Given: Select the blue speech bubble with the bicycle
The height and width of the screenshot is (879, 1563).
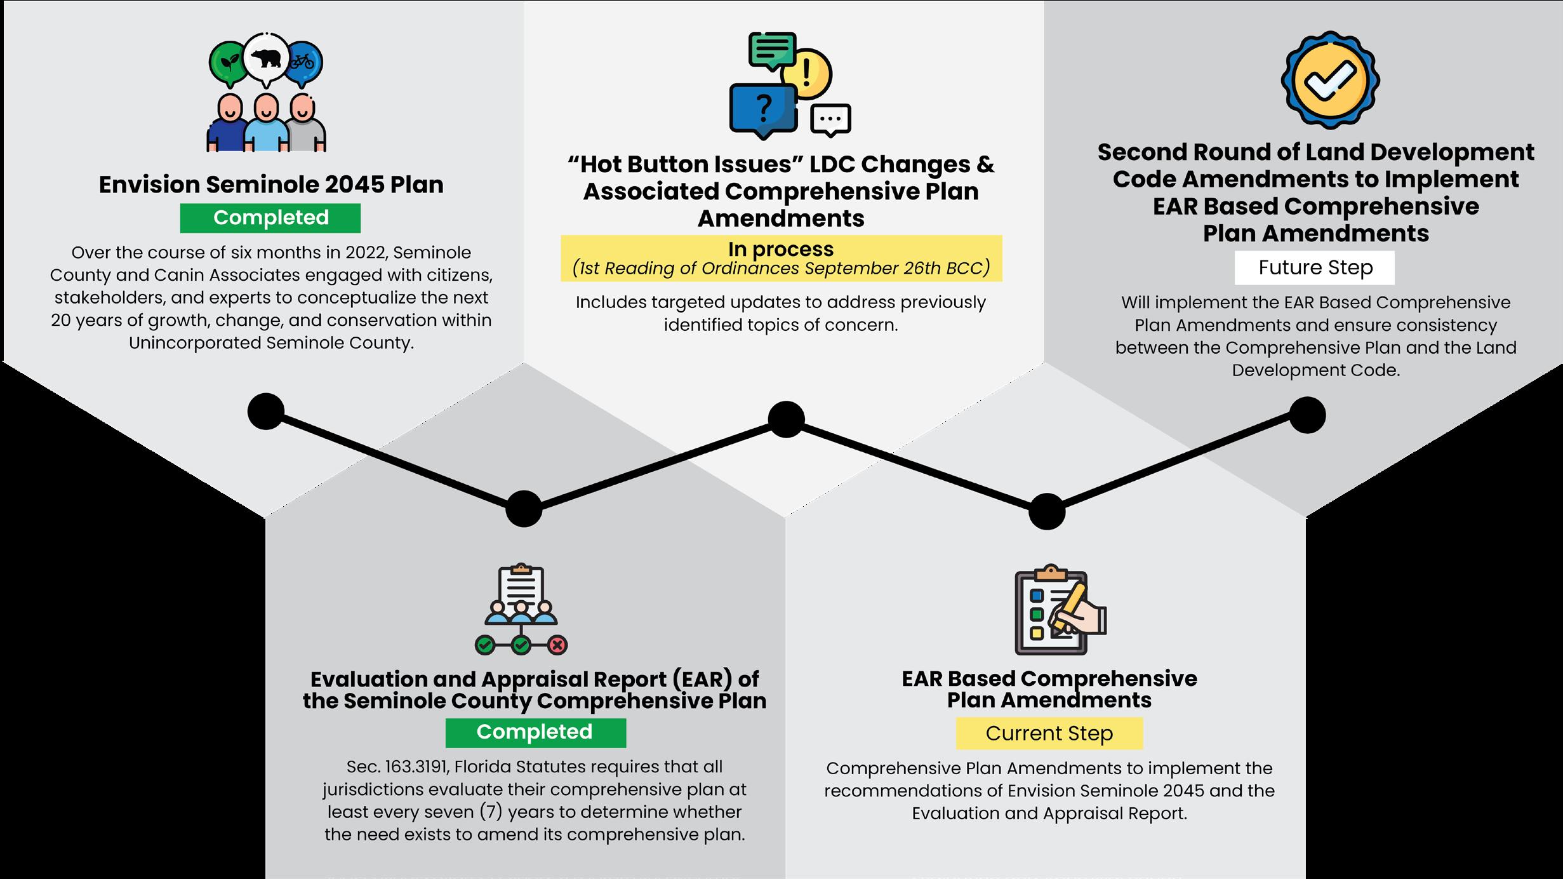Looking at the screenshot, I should coord(303,62).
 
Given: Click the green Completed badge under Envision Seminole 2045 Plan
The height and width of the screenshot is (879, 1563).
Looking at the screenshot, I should coord(270,218).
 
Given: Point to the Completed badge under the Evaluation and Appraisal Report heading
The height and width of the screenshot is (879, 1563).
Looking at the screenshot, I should coord(535,732).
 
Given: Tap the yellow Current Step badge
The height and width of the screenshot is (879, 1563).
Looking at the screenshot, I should coord(1049,734).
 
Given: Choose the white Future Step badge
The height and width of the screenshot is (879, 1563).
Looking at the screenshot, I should coord(1315,267).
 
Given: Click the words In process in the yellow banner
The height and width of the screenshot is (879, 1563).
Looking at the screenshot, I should coord(780,249).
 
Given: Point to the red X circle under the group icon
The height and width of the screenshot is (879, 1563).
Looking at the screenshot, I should coord(557,646).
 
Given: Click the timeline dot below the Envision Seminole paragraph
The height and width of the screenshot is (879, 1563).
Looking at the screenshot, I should coord(265,412).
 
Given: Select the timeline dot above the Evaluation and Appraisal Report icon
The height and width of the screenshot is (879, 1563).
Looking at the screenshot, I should coord(524,509).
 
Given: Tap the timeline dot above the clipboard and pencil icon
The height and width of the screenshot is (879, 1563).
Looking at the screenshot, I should coord(1046,511).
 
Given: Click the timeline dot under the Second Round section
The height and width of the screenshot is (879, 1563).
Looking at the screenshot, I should coord(1307,415).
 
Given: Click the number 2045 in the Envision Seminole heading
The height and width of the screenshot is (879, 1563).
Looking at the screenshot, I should coord(354,185).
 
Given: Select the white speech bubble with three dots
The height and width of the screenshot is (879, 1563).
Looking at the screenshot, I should coord(830,119).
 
